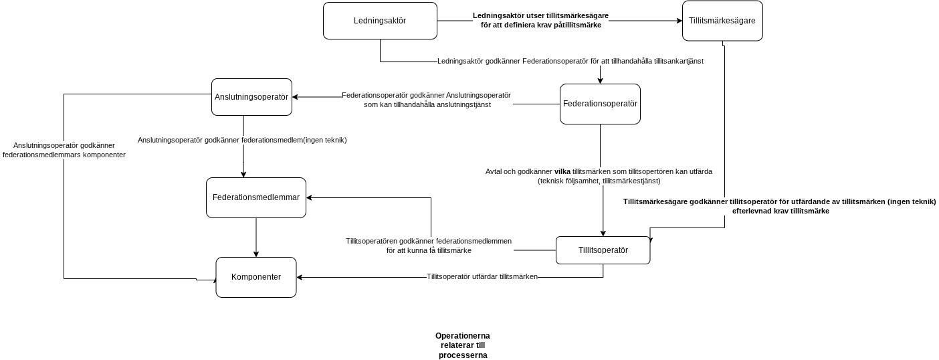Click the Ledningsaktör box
380,21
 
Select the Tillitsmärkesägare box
722,21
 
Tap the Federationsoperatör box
600,104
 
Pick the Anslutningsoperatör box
251,97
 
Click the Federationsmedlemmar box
255,197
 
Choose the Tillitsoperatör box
603,250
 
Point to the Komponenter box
255,277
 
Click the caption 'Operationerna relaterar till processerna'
463,345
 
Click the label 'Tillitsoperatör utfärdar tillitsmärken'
482,276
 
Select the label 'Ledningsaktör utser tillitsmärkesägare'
541,15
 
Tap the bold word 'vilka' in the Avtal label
562,171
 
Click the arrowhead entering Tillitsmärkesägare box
680,21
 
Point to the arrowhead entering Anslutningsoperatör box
295,97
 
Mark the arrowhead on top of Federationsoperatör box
600,81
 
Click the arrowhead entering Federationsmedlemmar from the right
309,197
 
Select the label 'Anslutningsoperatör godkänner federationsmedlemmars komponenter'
64,150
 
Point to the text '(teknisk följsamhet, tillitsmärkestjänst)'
599,181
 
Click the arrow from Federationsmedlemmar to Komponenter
256,238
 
